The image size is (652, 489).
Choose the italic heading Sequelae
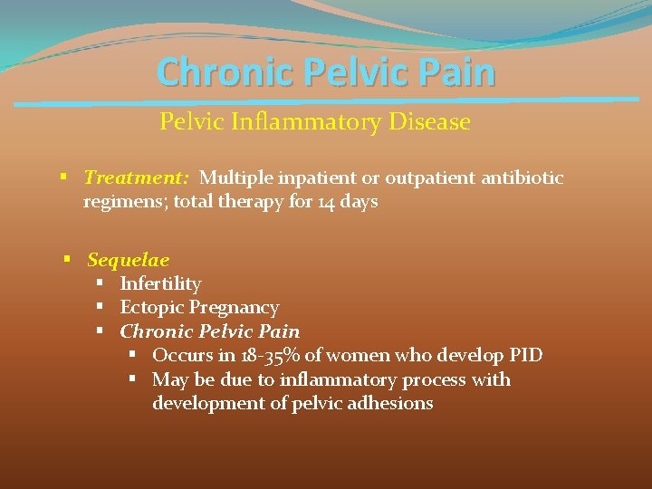click(128, 260)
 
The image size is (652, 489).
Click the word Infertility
click(160, 283)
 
